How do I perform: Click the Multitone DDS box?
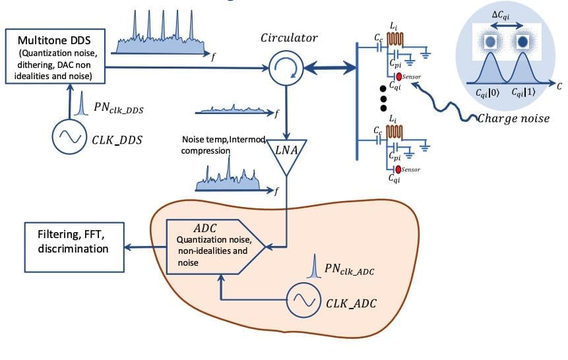coord(55,56)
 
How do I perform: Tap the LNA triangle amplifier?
coord(286,156)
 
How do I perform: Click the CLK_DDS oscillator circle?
coord(70,136)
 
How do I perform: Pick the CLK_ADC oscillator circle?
coord(303,300)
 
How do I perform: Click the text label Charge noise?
coord(513,118)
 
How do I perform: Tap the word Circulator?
coord(288,39)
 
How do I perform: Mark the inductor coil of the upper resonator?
coord(396,38)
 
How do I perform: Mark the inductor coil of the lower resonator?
coord(396,130)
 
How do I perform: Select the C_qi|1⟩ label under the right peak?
coord(528,94)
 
